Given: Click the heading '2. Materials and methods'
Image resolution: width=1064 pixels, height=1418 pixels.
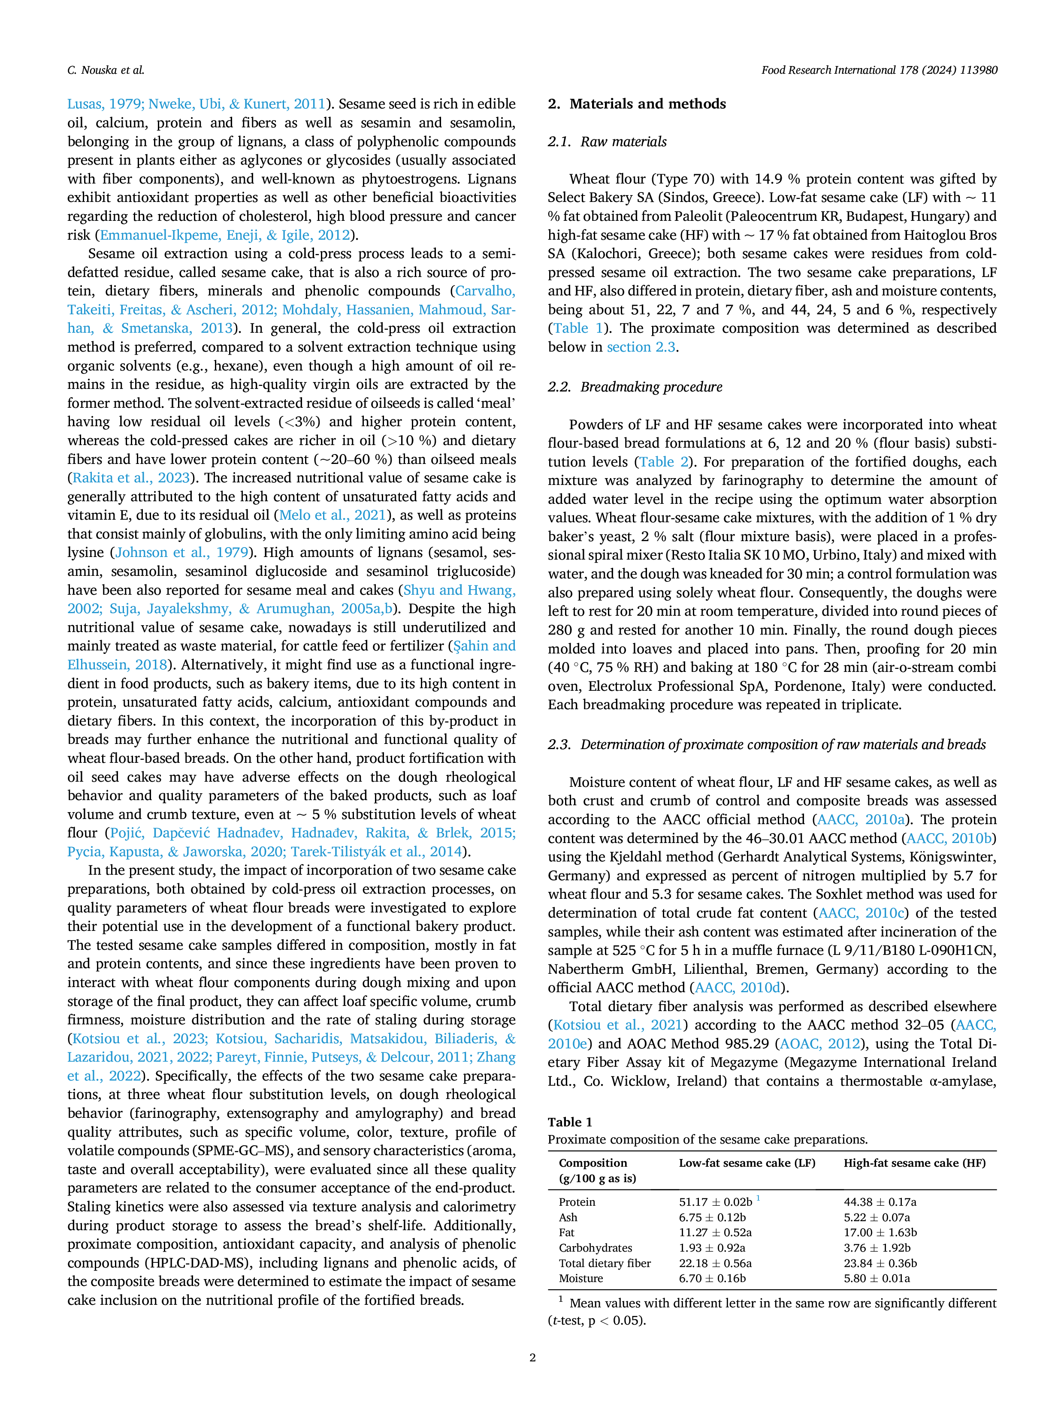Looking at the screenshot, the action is click(x=636, y=104).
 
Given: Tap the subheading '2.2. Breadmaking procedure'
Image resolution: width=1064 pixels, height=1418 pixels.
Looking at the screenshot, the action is click(x=635, y=387).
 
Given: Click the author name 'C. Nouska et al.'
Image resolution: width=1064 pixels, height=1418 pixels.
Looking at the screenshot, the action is click(x=106, y=70).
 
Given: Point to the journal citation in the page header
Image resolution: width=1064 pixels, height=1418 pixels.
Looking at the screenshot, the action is click(x=879, y=70).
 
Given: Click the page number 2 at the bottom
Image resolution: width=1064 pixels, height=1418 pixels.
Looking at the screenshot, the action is click(x=532, y=1357).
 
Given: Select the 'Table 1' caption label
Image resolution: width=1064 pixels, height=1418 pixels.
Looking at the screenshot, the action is click(x=570, y=1122).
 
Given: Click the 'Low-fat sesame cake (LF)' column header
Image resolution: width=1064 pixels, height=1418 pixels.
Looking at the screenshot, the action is click(x=747, y=1163).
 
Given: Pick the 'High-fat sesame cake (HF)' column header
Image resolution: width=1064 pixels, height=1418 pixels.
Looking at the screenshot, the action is click(x=915, y=1163).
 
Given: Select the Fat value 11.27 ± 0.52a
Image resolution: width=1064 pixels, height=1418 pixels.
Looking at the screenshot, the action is click(x=715, y=1232).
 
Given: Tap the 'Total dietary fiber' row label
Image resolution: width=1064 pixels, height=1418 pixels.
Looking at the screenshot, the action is click(x=605, y=1263).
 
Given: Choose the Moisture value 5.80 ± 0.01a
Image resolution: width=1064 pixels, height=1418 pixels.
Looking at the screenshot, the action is click(x=877, y=1278).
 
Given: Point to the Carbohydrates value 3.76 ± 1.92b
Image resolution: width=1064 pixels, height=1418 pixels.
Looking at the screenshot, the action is click(x=877, y=1247).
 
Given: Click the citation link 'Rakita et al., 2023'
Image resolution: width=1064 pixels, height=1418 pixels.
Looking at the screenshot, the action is click(x=131, y=478).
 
